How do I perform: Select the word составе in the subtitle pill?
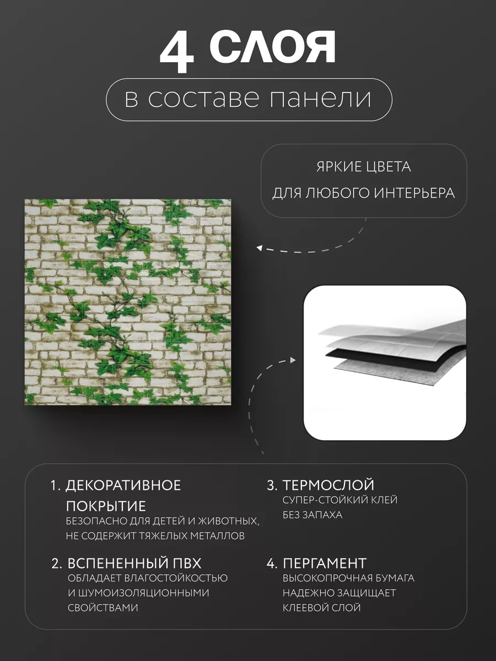click(203, 99)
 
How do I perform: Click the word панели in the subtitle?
click(320, 99)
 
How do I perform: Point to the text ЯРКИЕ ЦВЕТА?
click(364, 167)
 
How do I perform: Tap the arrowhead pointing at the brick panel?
click(259, 248)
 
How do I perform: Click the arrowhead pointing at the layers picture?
click(293, 360)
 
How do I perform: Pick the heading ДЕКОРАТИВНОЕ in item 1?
click(123, 486)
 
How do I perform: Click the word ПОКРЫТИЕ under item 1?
click(106, 507)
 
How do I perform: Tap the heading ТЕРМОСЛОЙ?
click(328, 485)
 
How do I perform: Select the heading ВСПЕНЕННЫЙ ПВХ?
click(134, 564)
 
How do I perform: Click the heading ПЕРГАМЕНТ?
click(325, 564)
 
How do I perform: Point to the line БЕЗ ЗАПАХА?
click(312, 515)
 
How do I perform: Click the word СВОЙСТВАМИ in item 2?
click(103, 608)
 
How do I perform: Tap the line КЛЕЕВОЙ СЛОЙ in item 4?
click(322, 608)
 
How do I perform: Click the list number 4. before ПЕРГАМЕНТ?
click(271, 564)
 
